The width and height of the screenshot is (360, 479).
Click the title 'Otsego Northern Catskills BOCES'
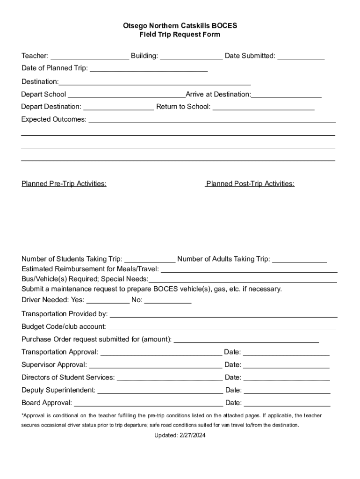click(180, 26)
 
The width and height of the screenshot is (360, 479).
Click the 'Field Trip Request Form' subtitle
click(180, 35)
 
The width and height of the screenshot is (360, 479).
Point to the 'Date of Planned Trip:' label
click(54, 68)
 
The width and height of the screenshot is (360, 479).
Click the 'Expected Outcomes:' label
click(54, 119)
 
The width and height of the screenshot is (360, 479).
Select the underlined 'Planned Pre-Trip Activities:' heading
click(64, 183)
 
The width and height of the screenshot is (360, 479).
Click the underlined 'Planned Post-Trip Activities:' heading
click(250, 183)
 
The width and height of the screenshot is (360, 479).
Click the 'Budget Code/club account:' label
click(64, 327)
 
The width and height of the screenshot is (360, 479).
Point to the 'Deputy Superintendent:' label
click(58, 390)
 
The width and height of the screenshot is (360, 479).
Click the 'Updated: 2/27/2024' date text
click(180, 435)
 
